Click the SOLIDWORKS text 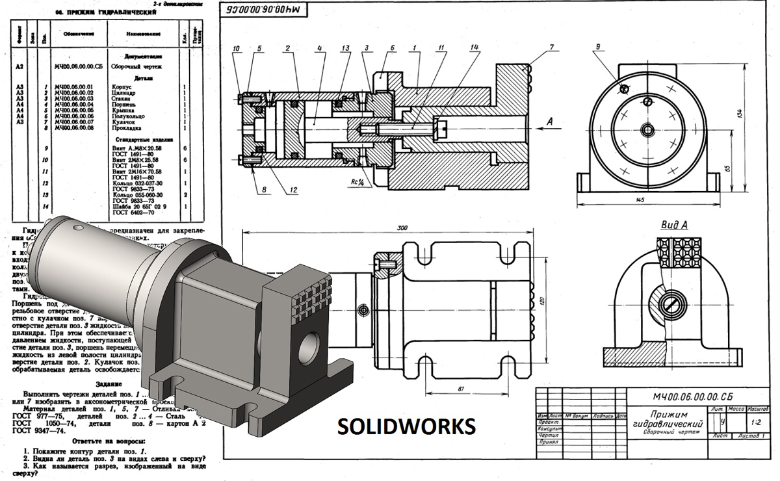pos(406,426)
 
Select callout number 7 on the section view pos(551,47)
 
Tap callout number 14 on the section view pos(475,47)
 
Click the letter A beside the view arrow pos(550,120)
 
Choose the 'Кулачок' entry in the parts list pos(123,122)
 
